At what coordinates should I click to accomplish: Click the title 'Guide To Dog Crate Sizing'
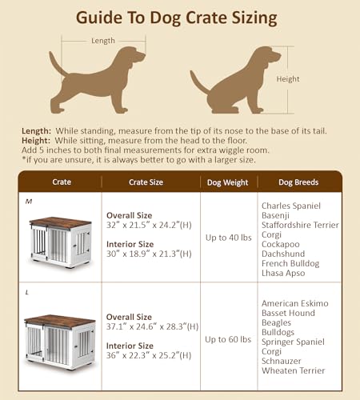[x=180, y=17]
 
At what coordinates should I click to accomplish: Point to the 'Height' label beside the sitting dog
[x=288, y=79]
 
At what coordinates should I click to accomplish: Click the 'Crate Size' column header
[x=146, y=182]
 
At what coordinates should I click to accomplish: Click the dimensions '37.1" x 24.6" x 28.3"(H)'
[x=152, y=326]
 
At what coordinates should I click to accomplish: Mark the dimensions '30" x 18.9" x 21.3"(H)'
[x=149, y=254]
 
